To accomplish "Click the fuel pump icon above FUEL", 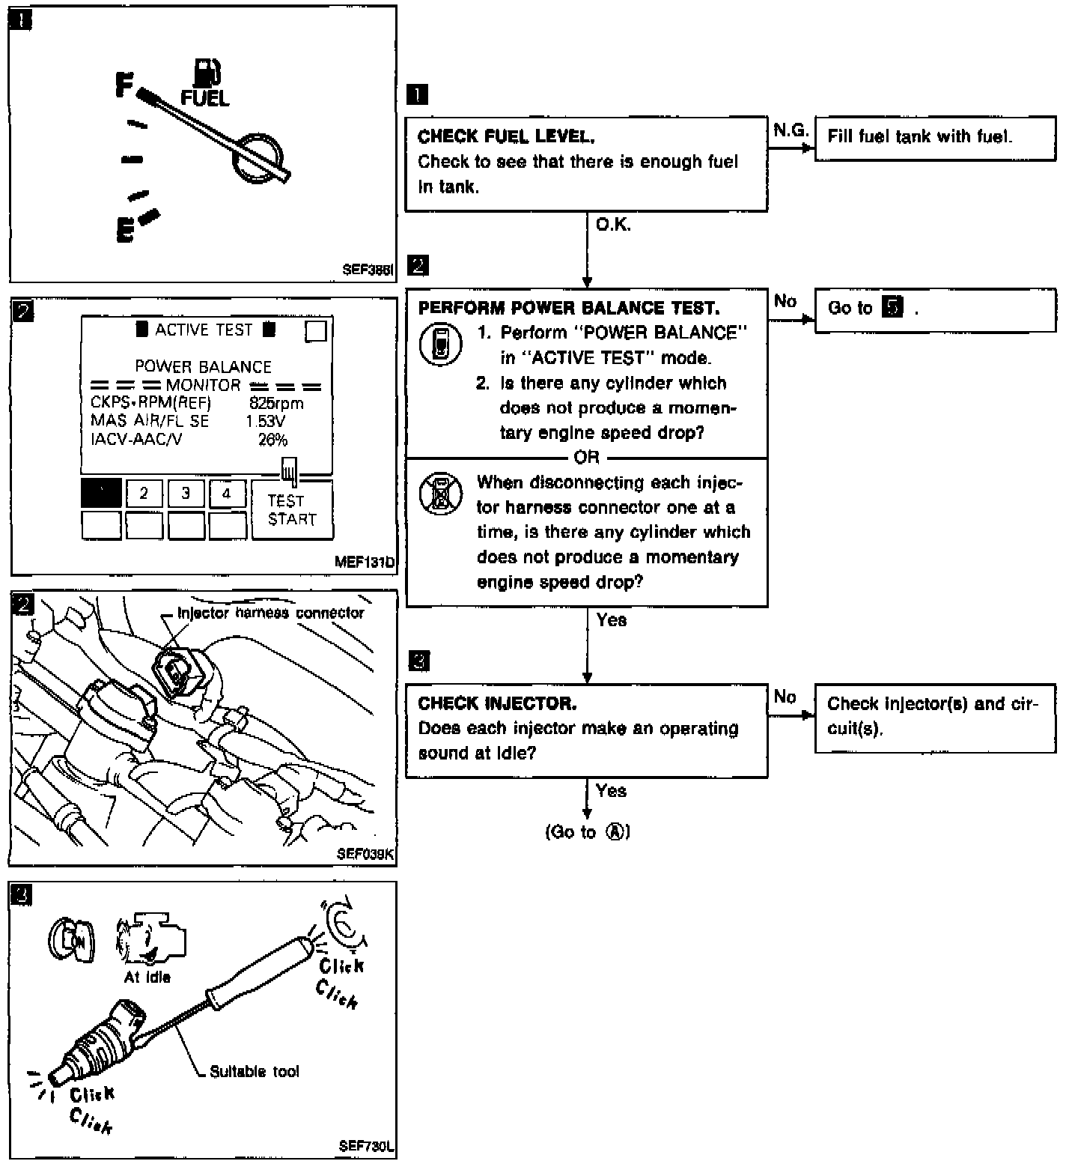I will [207, 72].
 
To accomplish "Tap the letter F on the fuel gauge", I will [124, 84].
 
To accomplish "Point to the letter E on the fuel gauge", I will [125, 230].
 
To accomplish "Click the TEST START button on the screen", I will [292, 510].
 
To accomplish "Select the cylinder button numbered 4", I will [227, 493].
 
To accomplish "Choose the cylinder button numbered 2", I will [144, 493].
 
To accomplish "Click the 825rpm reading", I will [276, 403].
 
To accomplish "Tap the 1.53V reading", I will [265, 421].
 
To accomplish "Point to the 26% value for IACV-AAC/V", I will [272, 440].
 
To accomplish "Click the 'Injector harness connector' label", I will [270, 613].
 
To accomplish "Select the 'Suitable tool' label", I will [254, 1071].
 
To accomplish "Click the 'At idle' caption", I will [147, 977].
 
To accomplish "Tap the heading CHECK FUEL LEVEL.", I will [506, 136].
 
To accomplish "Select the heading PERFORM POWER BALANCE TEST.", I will [569, 308].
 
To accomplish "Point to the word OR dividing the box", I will [586, 457].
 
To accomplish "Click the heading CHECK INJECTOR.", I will [497, 703].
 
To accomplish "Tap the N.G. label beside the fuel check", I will [791, 130].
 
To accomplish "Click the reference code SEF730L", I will [366, 1146].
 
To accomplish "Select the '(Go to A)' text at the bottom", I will [588, 832].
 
